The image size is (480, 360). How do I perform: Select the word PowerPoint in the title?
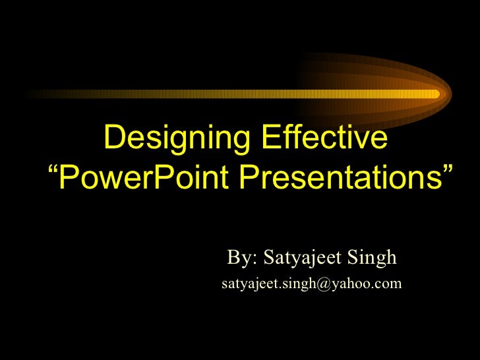tap(144, 175)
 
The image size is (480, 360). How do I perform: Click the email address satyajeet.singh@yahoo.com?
tap(311, 284)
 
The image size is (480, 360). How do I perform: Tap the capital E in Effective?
tap(270, 138)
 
